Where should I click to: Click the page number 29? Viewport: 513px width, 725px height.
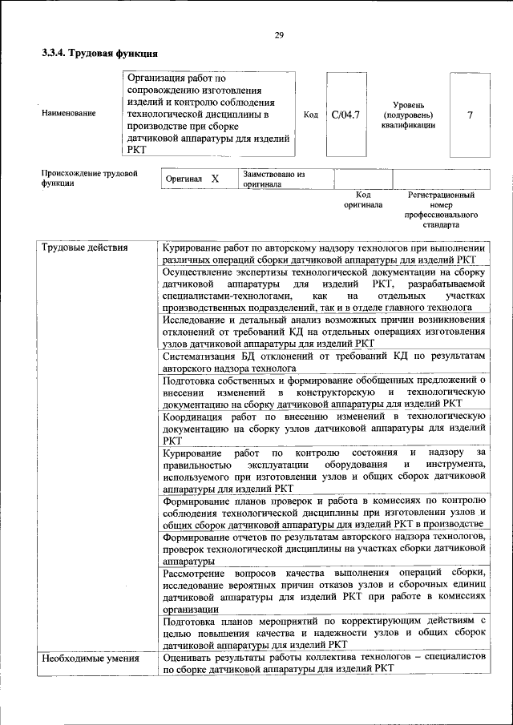pyautogui.click(x=279, y=34)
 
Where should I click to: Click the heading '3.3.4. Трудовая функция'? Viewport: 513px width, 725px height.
pyautogui.click(x=99, y=54)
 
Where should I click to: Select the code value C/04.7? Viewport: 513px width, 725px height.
pyautogui.click(x=345, y=115)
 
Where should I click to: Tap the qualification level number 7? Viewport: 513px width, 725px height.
pyautogui.click(x=470, y=115)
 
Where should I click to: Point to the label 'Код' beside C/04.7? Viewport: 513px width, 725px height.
pyautogui.click(x=311, y=115)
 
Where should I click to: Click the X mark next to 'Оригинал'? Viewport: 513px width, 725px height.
pyautogui.click(x=215, y=179)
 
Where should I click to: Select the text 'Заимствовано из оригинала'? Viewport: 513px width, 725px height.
pyautogui.click(x=274, y=178)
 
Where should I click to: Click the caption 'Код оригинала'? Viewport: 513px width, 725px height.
pyautogui.click(x=363, y=199)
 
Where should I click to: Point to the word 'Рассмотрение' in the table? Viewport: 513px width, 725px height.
pyautogui.click(x=196, y=574)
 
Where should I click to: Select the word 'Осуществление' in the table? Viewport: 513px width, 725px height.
pyautogui.click(x=199, y=272)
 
